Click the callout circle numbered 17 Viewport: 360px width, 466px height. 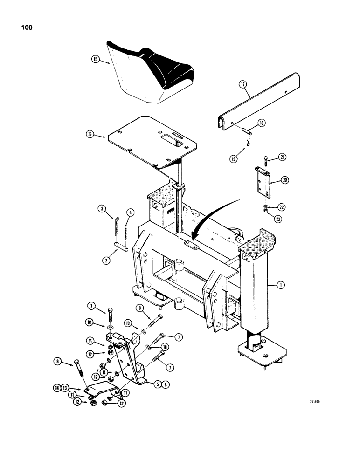(x=242, y=84)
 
